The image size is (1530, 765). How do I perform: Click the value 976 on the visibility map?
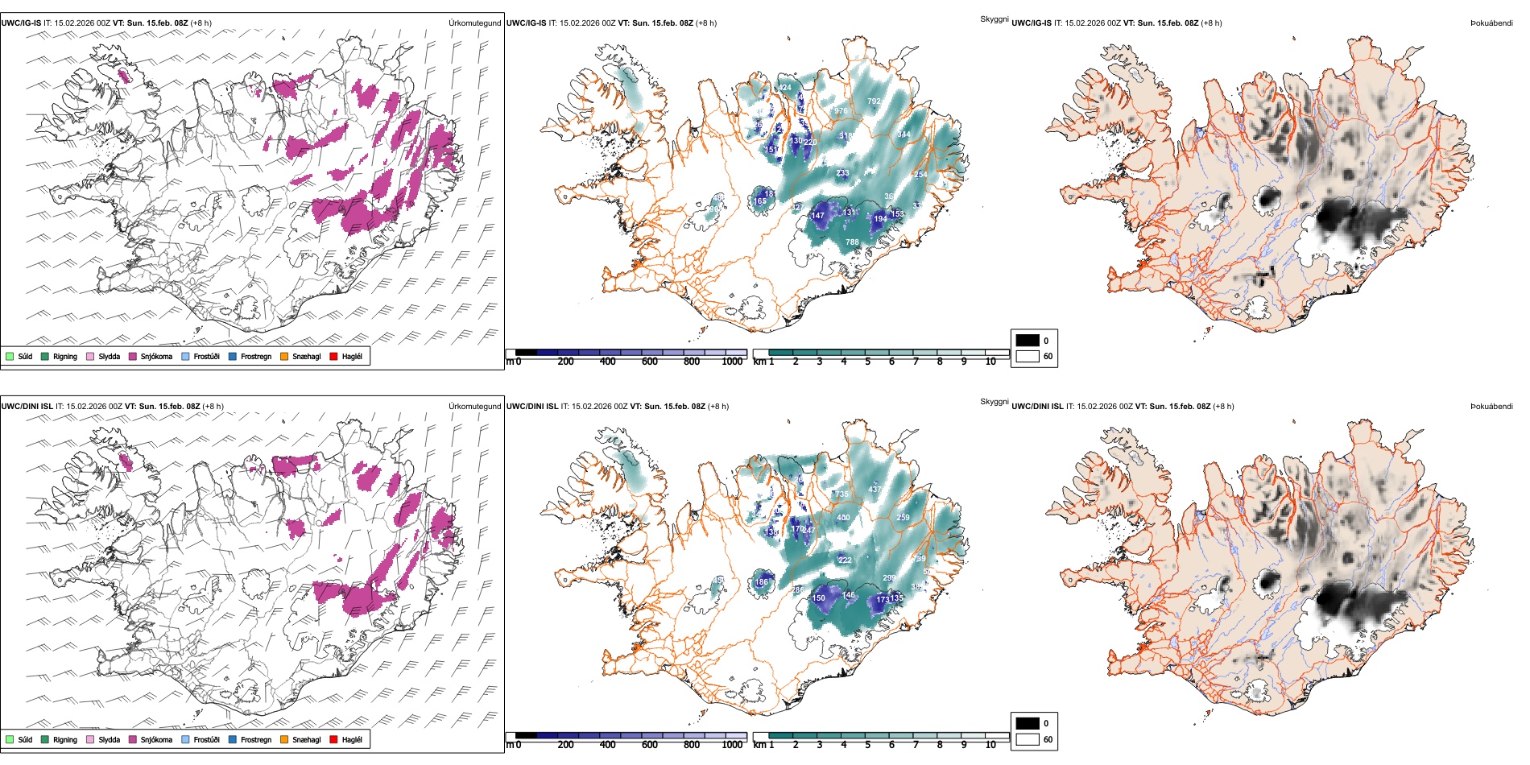(x=841, y=111)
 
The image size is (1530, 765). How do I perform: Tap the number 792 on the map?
(x=874, y=101)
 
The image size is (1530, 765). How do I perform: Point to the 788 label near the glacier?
(x=852, y=242)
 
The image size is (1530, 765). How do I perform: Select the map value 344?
(x=904, y=134)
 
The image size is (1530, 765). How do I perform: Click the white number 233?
(x=842, y=173)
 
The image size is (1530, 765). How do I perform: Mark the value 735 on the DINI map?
(x=841, y=494)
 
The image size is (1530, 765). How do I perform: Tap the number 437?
(x=875, y=490)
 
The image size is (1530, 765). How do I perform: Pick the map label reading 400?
(x=843, y=518)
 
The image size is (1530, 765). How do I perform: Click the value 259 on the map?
(x=903, y=518)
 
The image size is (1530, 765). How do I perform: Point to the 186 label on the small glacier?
(x=761, y=581)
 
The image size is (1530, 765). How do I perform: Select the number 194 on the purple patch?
(x=880, y=219)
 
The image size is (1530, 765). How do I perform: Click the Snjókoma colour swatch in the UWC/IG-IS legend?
(x=133, y=356)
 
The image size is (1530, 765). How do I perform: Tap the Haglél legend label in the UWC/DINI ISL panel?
(x=352, y=739)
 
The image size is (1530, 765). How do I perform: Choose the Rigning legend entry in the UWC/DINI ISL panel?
(x=65, y=739)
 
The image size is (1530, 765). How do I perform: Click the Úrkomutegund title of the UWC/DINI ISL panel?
(x=474, y=406)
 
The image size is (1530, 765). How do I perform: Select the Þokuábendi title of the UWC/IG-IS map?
(x=1491, y=23)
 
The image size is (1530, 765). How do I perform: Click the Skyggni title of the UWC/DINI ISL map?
(x=994, y=401)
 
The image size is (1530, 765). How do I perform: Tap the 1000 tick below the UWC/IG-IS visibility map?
(x=732, y=362)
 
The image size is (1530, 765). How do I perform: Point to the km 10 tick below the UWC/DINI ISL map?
(x=990, y=745)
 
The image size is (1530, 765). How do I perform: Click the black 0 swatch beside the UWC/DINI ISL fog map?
(x=1028, y=723)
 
